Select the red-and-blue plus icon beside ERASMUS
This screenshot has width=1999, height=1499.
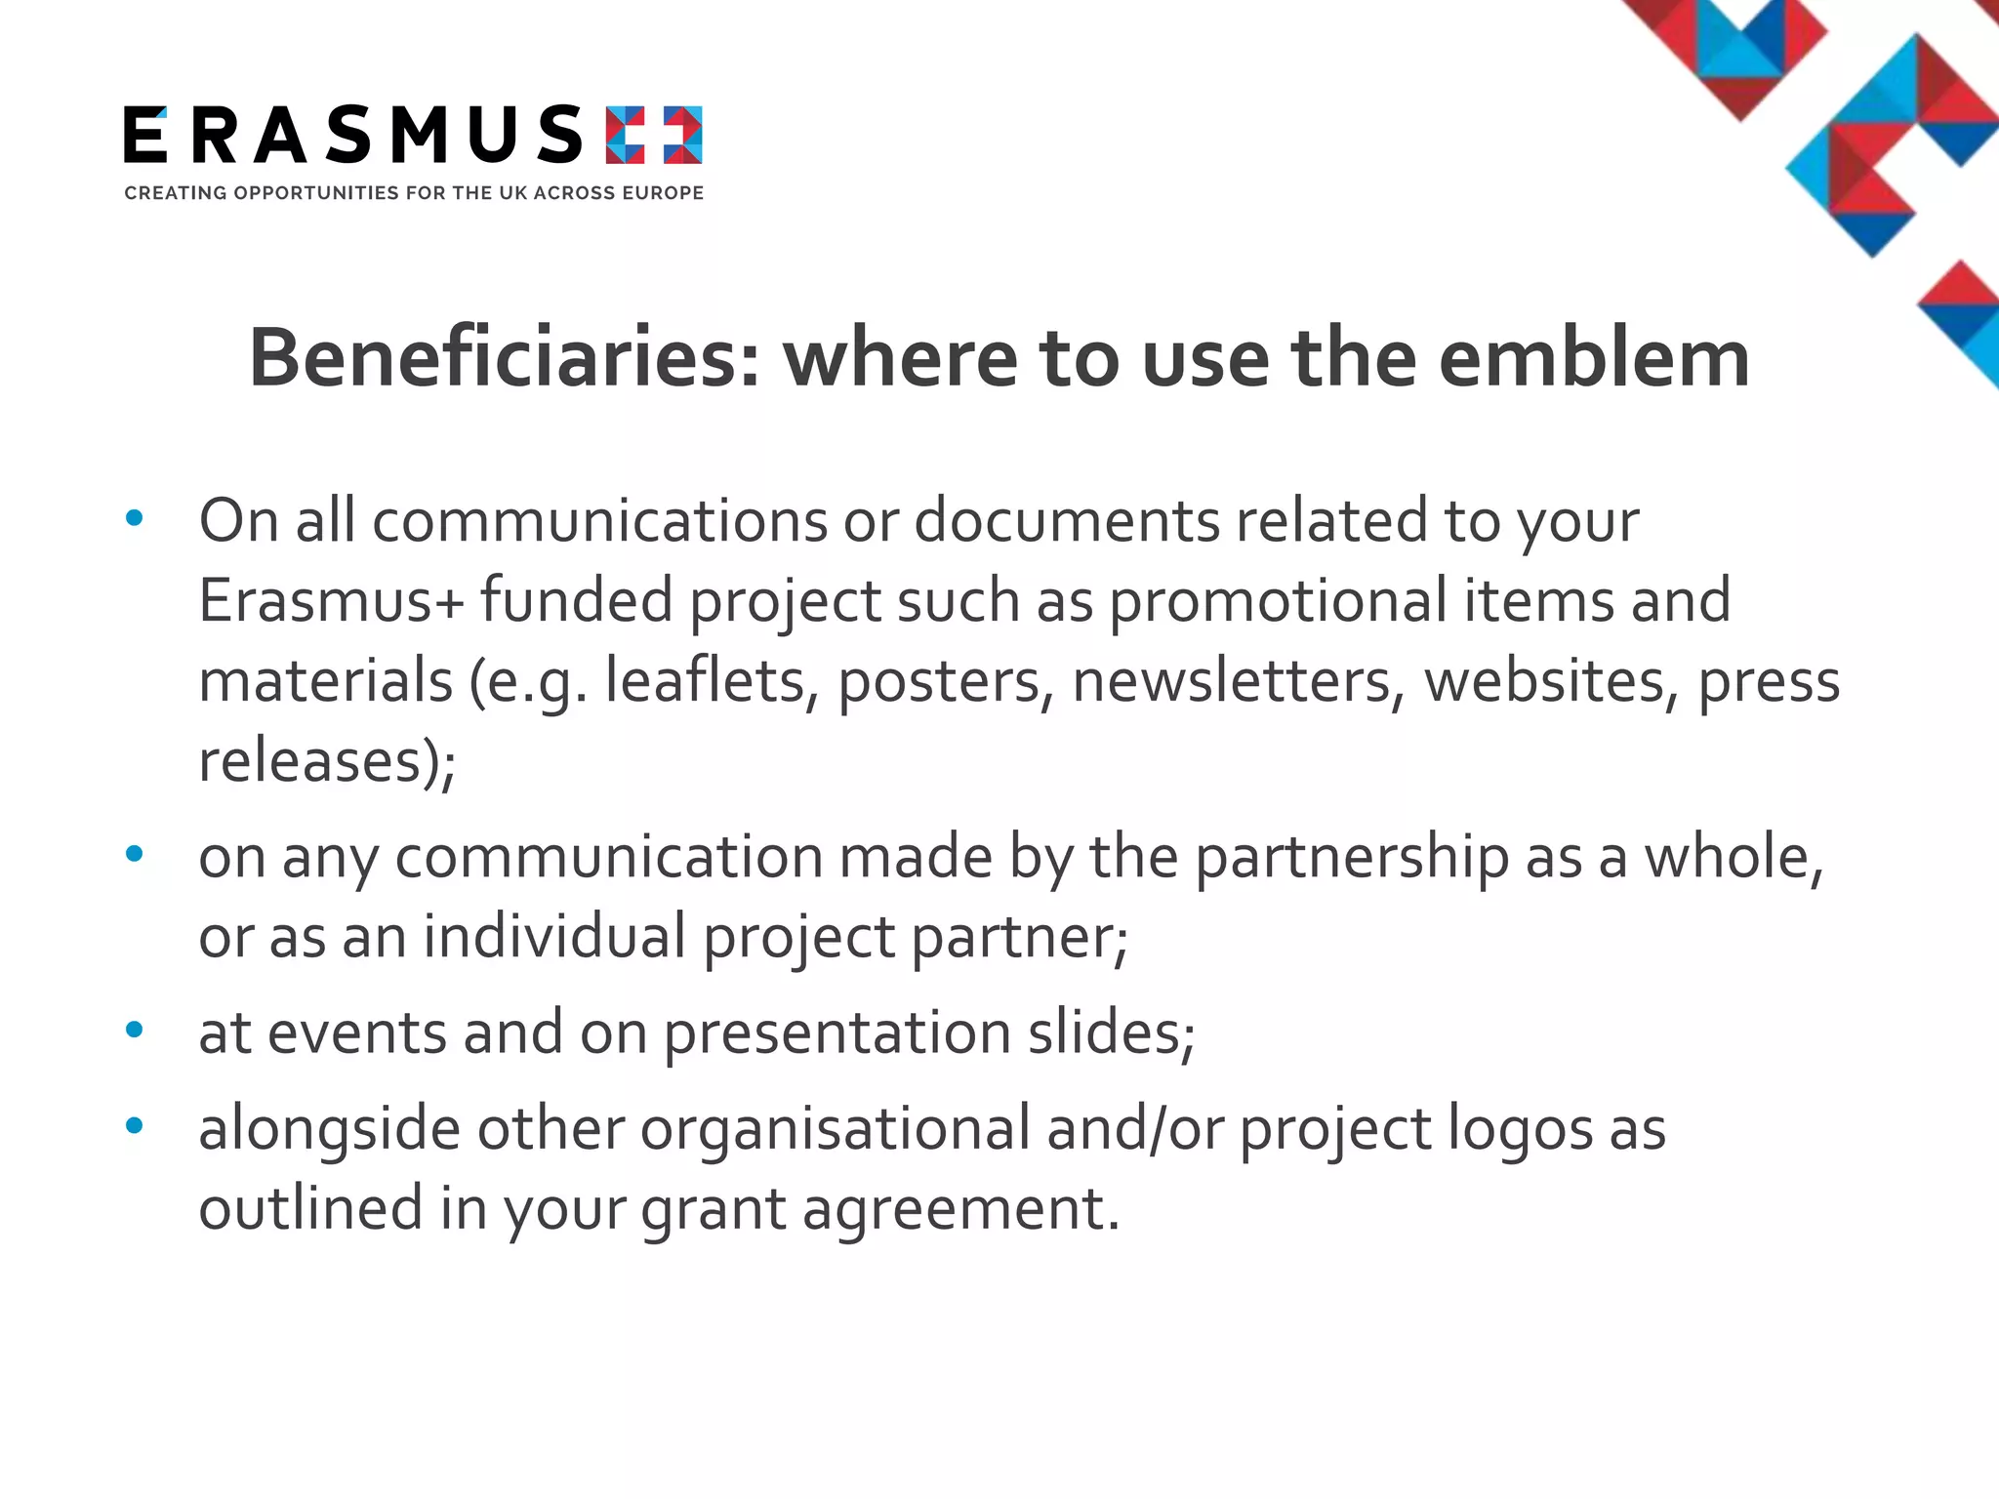653,135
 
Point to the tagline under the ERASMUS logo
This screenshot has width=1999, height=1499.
414,193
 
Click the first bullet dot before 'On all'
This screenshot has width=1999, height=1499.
135,518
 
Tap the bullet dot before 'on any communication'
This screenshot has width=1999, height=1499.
135,855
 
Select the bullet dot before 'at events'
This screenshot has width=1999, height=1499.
135,1030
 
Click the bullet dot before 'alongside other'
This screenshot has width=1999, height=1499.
135,1126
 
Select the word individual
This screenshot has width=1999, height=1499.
554,937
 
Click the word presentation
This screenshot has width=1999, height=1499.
836,1033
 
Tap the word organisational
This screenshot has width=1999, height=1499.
836,1129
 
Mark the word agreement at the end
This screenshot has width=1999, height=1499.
955,1210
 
